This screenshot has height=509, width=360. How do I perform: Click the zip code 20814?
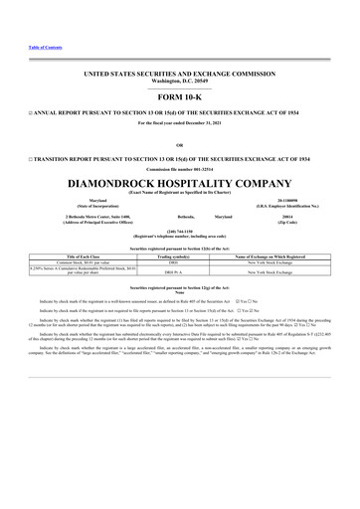tap(294, 214)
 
